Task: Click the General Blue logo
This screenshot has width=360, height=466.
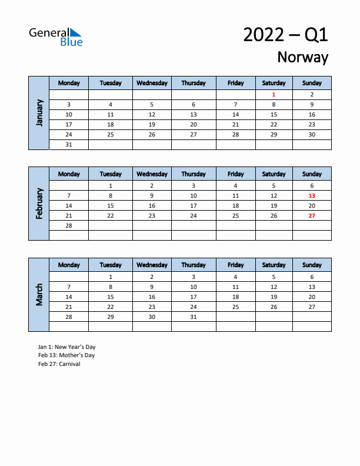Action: pos(56,36)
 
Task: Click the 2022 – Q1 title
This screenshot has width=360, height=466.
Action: pos(285,35)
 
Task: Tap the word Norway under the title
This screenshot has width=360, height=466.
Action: pos(302,57)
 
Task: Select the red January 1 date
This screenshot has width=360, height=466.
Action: pos(274,94)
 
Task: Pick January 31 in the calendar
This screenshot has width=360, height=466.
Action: pos(69,145)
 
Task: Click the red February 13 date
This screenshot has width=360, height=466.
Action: pos(312,195)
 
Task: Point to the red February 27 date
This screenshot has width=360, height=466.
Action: pos(312,216)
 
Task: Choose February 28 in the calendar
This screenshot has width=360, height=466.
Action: pos(69,226)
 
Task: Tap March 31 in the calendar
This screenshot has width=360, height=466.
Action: pos(194,317)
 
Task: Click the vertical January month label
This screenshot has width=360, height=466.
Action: pos(39,112)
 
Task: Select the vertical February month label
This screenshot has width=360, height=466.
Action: pos(39,204)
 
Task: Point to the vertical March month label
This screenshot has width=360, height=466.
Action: pos(39,295)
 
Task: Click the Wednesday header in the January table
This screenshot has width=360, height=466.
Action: pos(152,83)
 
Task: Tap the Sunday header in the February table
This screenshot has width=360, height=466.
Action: pos(312,174)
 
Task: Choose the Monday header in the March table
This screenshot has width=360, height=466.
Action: pos(69,265)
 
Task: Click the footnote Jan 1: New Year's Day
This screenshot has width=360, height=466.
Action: pos(66,347)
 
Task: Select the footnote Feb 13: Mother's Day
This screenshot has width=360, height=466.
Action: pos(66,355)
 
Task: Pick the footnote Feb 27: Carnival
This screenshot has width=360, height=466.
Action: pos(59,364)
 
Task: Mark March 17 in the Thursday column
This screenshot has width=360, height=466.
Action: pos(194,297)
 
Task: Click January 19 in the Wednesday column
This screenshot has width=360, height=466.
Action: pos(152,125)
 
